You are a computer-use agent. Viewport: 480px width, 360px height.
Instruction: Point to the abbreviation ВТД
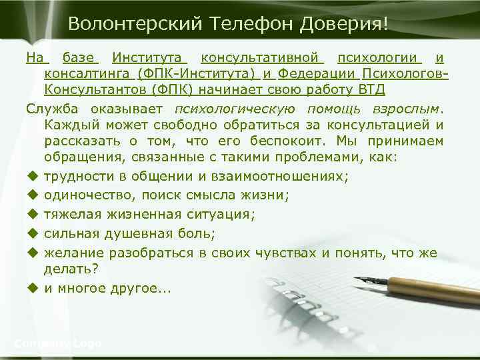(371, 89)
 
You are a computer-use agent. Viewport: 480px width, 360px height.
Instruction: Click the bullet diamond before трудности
(31, 176)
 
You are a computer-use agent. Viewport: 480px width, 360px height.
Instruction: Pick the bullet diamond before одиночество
(31, 195)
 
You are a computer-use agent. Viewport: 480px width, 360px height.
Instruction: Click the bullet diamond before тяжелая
(31, 214)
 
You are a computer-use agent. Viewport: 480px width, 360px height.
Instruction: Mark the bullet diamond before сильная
(31, 233)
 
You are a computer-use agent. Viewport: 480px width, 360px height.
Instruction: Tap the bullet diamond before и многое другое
(31, 289)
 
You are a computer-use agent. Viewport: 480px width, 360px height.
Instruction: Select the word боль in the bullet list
(206, 233)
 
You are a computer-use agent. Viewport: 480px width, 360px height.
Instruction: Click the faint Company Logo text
(57, 343)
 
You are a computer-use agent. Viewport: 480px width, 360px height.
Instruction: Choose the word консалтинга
(86, 73)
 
